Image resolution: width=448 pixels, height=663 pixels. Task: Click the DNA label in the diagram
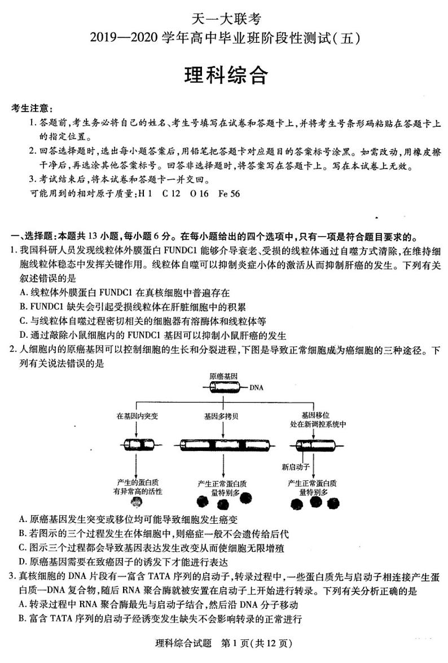click(x=255, y=387)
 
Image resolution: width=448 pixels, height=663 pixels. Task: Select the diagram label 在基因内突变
click(x=137, y=416)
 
